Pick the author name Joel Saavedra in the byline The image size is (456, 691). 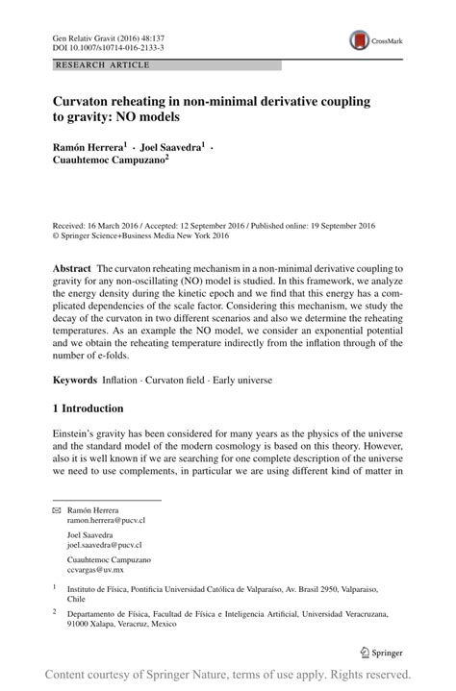click(166, 147)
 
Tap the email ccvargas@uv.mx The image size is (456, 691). click(95, 568)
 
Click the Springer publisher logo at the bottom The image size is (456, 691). click(383, 652)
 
